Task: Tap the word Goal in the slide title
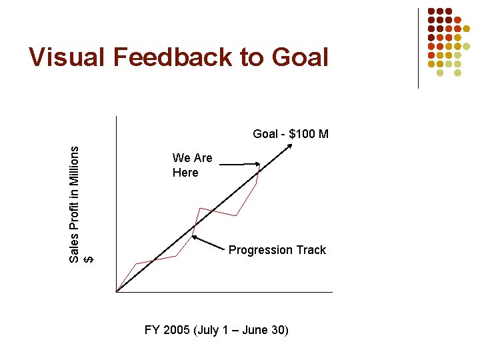tap(300, 58)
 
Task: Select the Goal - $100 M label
tap(291, 134)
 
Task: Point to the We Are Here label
tap(192, 165)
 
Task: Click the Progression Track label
tap(277, 250)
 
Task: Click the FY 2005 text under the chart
tap(167, 330)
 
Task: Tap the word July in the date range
tap(209, 330)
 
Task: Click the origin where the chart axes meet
tap(116, 292)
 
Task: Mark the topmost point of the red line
tap(260, 164)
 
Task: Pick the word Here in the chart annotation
tap(185, 173)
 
